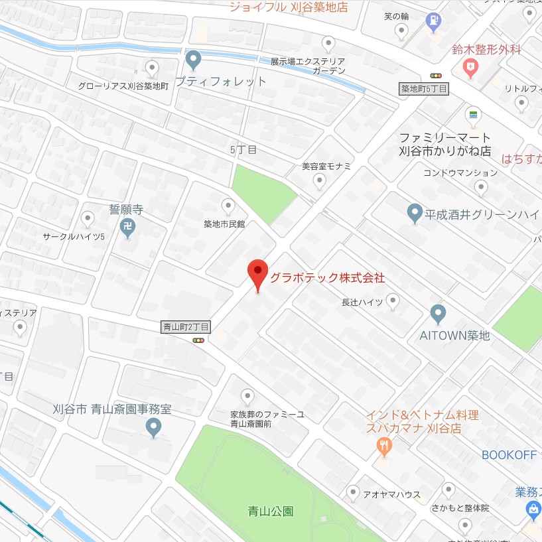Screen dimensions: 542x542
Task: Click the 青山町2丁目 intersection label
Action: pos(186,326)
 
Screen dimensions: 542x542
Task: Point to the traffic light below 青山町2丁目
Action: pos(198,340)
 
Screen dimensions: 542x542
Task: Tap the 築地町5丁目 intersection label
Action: pos(425,88)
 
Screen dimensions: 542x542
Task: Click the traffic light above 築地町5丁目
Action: pos(436,76)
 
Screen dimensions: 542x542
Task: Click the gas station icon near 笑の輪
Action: pos(433,21)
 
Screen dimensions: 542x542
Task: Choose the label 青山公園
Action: pos(271,511)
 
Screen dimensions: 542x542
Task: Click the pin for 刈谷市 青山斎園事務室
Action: pos(153,427)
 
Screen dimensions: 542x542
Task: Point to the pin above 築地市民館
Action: pos(228,205)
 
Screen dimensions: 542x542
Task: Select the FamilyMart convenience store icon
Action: pos(473,114)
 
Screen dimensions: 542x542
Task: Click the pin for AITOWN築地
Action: pos(437,313)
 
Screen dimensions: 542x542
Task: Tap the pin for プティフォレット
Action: pos(193,60)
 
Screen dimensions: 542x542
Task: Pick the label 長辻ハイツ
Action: pos(362,302)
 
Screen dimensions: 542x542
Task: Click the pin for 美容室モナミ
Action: pos(320,180)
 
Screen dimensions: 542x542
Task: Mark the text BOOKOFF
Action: pos(508,455)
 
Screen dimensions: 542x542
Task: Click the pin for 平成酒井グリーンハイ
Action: pos(415,213)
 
